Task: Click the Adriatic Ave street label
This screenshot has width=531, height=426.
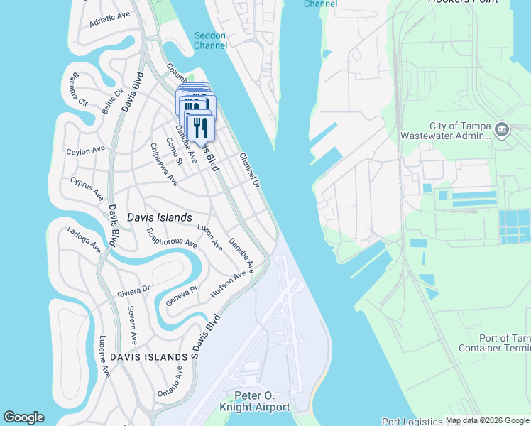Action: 110,19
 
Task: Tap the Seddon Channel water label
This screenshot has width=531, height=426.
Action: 211,40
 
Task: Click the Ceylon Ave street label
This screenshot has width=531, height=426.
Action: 85,151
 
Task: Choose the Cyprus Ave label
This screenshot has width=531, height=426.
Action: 87,189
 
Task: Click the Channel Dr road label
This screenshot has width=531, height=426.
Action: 251,170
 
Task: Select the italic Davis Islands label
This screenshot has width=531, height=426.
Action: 159,217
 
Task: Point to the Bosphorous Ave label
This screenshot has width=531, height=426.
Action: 171,237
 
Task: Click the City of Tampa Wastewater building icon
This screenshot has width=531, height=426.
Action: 502,129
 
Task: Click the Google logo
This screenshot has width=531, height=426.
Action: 23,417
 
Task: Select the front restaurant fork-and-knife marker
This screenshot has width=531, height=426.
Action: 200,129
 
